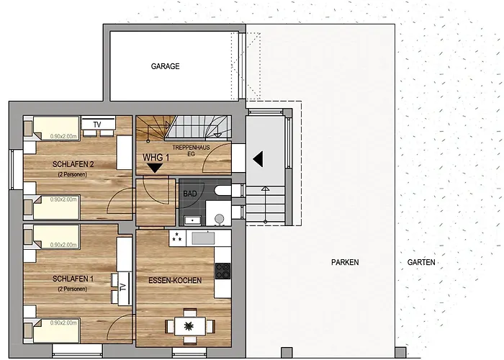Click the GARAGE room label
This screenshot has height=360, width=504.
(x=165, y=66)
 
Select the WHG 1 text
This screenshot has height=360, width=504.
(x=156, y=157)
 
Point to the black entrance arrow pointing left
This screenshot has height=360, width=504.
(x=257, y=158)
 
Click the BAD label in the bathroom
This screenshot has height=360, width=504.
(x=189, y=194)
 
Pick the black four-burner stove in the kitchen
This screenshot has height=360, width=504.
(x=223, y=271)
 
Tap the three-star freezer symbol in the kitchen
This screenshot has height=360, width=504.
(x=176, y=238)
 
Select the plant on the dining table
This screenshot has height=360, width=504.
(x=190, y=326)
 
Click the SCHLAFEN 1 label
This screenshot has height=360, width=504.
(x=72, y=279)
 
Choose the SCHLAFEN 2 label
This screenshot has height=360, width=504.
(x=72, y=164)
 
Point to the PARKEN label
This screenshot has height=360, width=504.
(x=345, y=263)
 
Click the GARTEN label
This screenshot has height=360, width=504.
(x=421, y=263)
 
